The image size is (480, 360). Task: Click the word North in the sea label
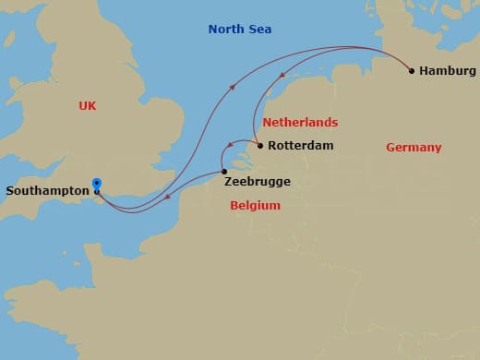pos(226,30)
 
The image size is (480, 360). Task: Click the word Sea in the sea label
pos(259,30)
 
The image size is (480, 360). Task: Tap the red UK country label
pos(88,106)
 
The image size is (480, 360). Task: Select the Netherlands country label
pos(300,123)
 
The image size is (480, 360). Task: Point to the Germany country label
pos(414,148)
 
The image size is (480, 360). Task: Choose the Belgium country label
pos(255,206)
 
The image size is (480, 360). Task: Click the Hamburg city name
pos(448,71)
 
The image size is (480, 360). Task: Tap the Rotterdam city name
pos(300,146)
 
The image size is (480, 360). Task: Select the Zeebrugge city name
pos(258,182)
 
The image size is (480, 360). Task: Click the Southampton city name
pos(47,192)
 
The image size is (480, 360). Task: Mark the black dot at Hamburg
pos(411,70)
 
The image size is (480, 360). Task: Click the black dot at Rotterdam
pos(259,145)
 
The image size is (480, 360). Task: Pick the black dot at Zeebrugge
pos(223,171)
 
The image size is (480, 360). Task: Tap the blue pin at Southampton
pos(97,184)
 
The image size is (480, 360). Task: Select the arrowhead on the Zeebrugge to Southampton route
pos(167,196)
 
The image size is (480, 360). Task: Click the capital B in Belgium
pos(234,206)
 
